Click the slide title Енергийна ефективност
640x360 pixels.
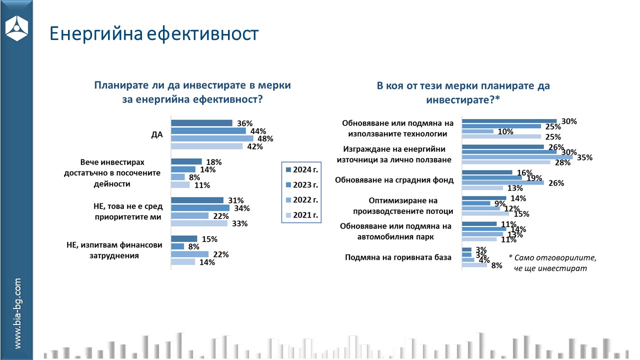tap(154, 33)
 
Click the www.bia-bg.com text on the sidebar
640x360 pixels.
tap(17, 313)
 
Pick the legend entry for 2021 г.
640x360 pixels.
tap(300, 215)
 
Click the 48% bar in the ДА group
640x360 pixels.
tap(212, 138)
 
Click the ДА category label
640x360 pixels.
tap(157, 134)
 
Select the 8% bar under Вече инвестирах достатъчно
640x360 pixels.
tap(178, 177)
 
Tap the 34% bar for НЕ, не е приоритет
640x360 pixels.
tap(200, 208)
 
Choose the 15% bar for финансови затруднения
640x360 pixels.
tap(184, 239)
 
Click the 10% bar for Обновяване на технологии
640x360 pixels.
tap(477, 131)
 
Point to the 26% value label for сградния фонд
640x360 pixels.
tap(556, 183)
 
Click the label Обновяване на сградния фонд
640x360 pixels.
tap(394, 180)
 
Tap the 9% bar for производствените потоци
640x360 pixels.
tap(476, 203)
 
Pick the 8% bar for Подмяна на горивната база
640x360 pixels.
tap(474, 265)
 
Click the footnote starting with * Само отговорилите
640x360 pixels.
tap(553, 262)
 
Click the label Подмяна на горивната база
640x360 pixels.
tap(398, 257)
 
